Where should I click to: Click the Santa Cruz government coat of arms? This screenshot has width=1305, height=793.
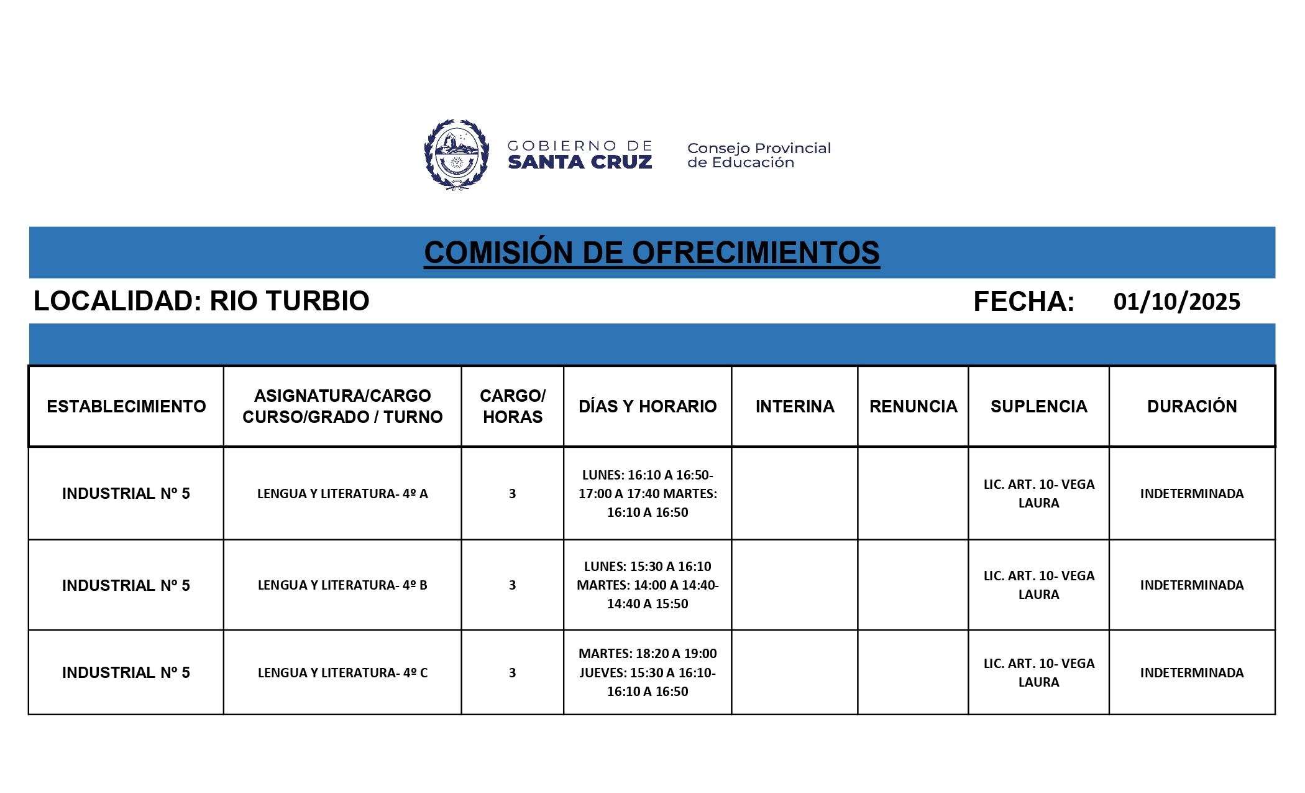click(456, 155)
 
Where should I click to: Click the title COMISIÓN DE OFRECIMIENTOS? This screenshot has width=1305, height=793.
click(651, 253)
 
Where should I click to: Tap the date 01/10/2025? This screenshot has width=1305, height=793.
click(1176, 302)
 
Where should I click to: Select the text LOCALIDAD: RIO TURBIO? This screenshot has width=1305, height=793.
click(201, 301)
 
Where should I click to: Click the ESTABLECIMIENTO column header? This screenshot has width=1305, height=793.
click(126, 406)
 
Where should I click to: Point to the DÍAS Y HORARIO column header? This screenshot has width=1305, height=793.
click(648, 406)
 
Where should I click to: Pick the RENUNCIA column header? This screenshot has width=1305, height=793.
click(913, 406)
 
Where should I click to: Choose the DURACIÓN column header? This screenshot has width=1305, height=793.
click(1192, 406)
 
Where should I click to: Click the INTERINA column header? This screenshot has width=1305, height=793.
click(795, 406)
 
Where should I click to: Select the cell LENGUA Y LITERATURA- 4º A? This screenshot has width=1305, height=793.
click(342, 494)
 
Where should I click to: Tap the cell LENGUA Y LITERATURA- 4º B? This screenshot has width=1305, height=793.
click(342, 585)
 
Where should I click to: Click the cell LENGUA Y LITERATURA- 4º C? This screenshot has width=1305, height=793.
click(342, 673)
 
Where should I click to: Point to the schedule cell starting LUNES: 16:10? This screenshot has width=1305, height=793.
click(648, 494)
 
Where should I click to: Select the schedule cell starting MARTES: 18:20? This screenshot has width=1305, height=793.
click(648, 672)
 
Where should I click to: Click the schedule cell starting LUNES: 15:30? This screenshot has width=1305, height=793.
click(648, 585)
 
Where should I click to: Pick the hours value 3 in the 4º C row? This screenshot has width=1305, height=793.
click(512, 673)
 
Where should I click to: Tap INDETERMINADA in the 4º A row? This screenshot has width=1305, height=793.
click(1192, 494)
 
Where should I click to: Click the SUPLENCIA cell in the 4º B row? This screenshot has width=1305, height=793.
click(1038, 585)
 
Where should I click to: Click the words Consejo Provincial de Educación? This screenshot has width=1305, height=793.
click(758, 155)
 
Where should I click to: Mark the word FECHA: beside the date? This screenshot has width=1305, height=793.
click(1023, 302)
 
